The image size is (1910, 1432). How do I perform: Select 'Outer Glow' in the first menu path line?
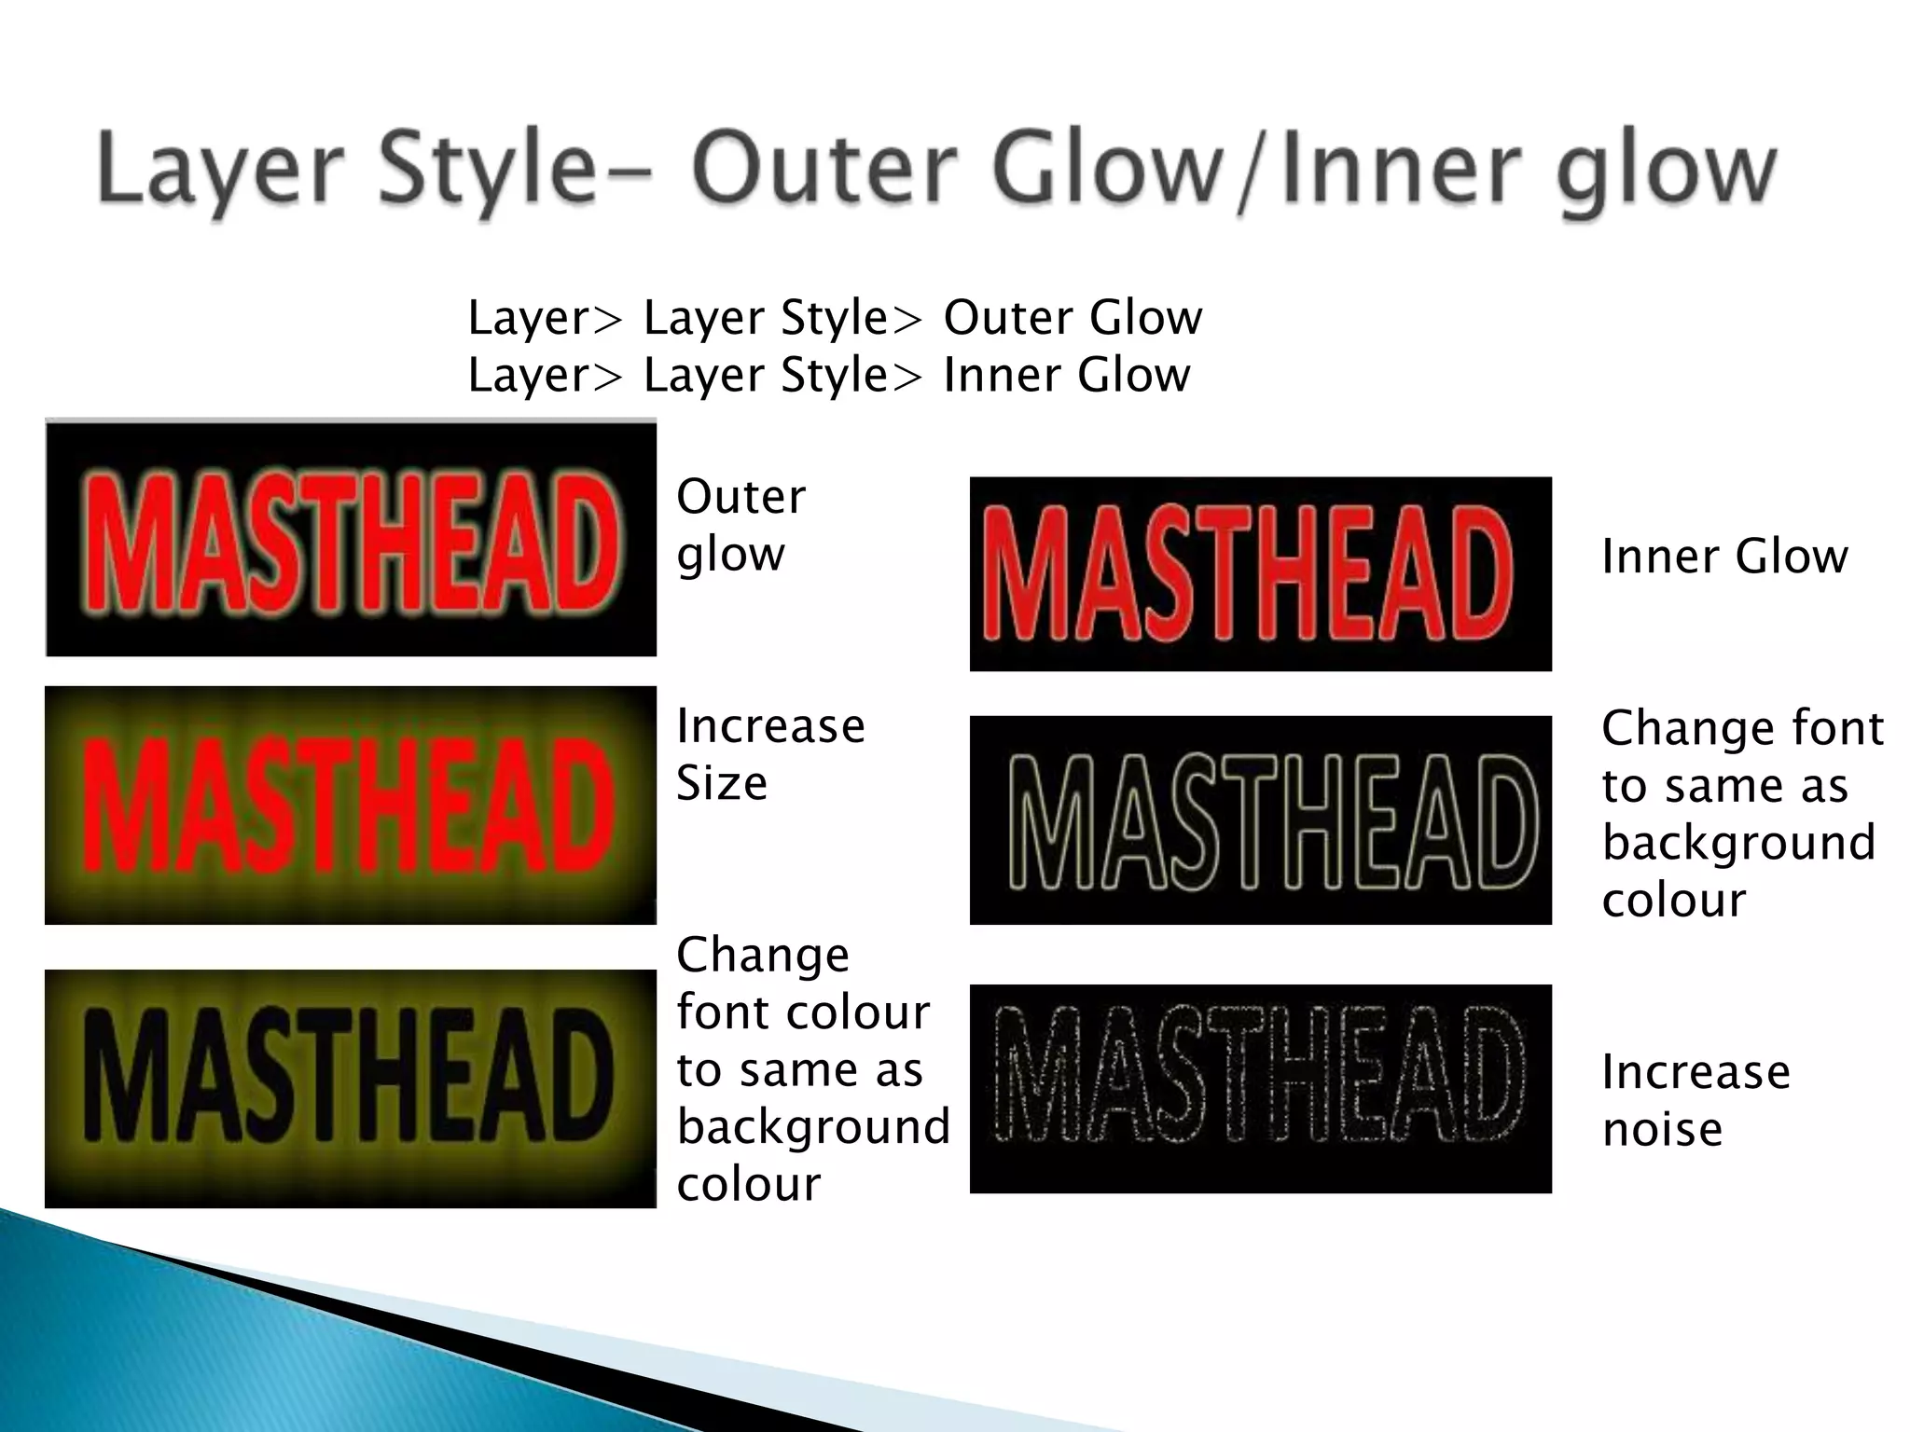click(1073, 318)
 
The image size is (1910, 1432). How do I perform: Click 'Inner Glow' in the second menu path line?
click(1066, 376)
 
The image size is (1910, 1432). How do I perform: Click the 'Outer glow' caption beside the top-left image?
click(740, 525)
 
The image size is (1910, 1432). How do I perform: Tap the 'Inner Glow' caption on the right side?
click(1724, 557)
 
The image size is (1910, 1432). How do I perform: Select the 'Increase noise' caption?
click(1695, 1100)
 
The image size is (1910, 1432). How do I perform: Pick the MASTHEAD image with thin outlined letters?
click(1260, 820)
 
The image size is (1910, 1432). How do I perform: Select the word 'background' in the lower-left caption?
click(813, 1126)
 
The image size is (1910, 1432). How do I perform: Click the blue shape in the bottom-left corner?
click(140, 1352)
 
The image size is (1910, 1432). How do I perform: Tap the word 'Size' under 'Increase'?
click(721, 783)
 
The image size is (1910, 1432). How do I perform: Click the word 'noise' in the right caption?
click(1662, 1129)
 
